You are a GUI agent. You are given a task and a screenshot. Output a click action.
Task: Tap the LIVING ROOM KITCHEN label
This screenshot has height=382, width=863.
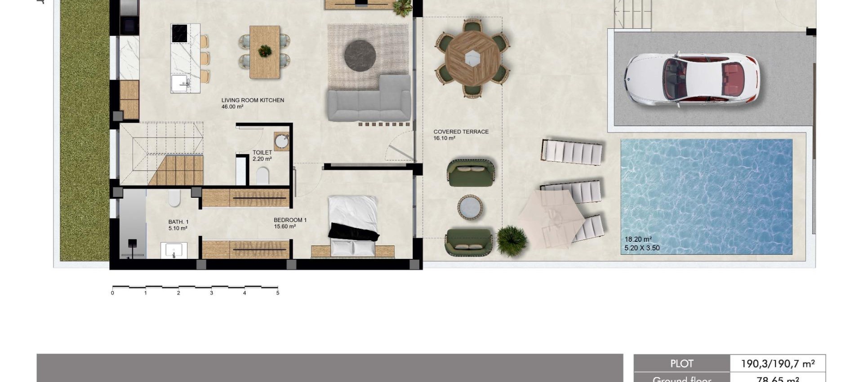(253, 100)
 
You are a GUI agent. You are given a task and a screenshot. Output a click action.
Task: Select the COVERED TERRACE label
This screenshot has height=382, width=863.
(461, 132)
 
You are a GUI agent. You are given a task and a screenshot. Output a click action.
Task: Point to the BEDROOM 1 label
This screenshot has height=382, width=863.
(290, 220)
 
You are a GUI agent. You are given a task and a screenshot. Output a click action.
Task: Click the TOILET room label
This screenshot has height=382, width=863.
(262, 153)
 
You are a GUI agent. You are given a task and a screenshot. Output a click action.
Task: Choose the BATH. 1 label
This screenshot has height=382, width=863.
(178, 222)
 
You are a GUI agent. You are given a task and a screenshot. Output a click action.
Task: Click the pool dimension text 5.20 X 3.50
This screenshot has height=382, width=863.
(642, 248)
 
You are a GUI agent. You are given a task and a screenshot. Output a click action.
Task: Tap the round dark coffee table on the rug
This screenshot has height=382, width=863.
(360, 55)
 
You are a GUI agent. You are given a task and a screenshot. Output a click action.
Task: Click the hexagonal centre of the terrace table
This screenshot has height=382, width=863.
(472, 58)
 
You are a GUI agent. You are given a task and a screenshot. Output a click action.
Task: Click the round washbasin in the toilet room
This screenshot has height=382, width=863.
(282, 141)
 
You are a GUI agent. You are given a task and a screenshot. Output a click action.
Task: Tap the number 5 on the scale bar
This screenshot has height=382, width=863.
(278, 293)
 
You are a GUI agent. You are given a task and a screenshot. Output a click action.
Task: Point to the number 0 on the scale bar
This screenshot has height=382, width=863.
(112, 293)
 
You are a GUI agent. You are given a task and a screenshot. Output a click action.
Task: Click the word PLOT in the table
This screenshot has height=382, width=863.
(681, 364)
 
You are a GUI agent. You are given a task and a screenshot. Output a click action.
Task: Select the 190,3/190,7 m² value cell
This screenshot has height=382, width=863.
(778, 364)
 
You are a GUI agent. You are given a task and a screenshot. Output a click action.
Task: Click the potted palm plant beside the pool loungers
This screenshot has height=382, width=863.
(512, 240)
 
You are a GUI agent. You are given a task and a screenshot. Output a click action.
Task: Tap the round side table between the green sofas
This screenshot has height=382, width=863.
(470, 208)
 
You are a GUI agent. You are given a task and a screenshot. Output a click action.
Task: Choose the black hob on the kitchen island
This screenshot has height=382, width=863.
(179, 34)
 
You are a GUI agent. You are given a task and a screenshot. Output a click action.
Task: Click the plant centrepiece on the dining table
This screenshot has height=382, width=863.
(265, 51)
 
